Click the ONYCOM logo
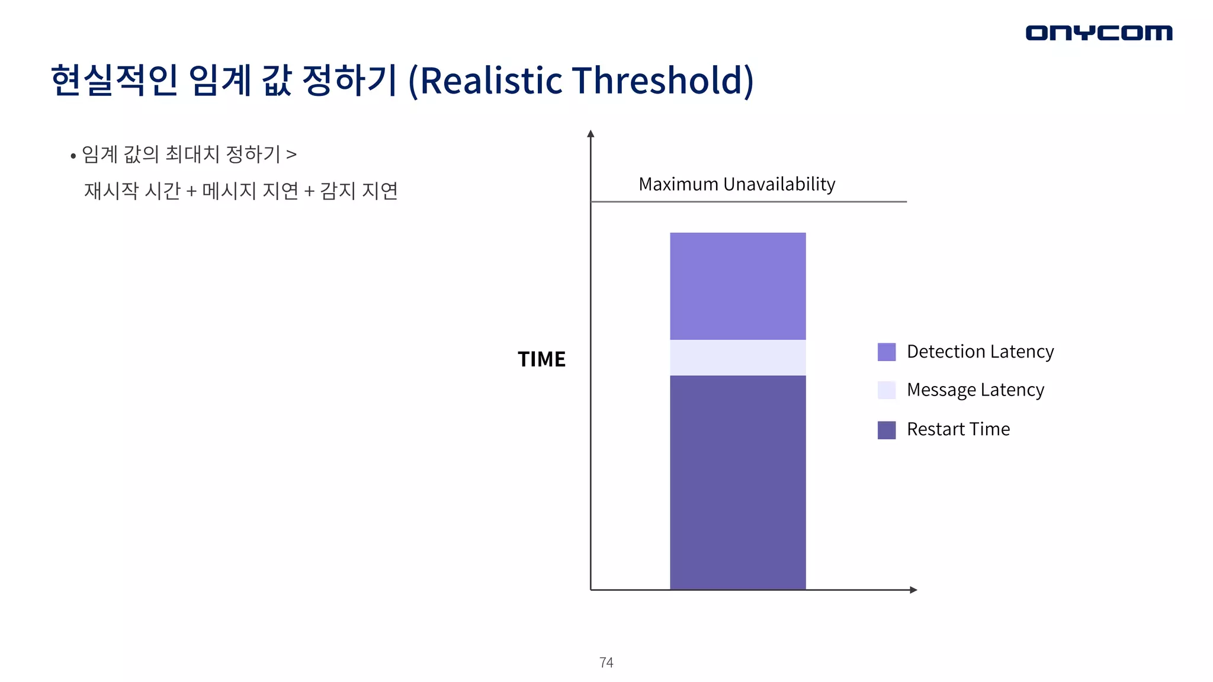point(1099,33)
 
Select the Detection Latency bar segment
point(737,286)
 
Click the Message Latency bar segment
point(737,358)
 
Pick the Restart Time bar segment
point(737,482)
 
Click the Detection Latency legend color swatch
point(886,352)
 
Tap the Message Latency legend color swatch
point(886,390)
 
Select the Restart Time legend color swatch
point(886,430)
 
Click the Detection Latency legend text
point(980,352)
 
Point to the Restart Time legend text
point(958,429)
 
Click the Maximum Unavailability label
point(737,184)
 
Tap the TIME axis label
point(541,359)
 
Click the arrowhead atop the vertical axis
point(591,134)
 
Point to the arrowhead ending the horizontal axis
point(913,590)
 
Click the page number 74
point(606,662)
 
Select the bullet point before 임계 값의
point(73,156)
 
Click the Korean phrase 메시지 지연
point(250,191)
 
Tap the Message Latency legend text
point(975,390)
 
